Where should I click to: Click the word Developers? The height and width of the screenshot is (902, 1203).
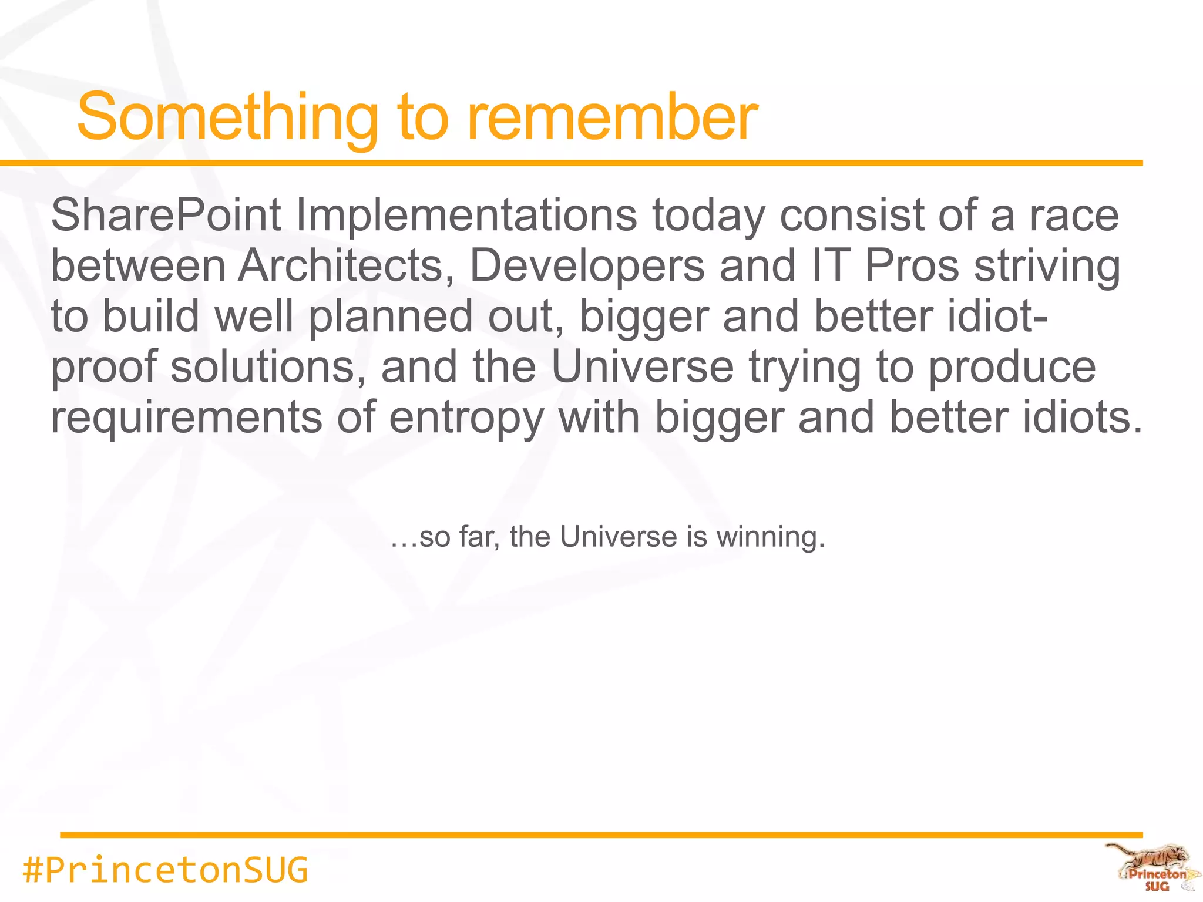click(587, 265)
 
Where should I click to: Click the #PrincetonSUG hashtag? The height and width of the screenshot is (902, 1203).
click(165, 870)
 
